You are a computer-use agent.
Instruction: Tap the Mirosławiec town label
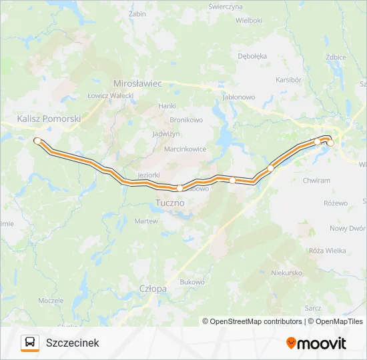tap(138, 84)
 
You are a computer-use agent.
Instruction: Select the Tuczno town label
tap(171, 202)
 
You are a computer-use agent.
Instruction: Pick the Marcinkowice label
tap(185, 149)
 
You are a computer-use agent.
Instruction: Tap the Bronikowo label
tap(186, 120)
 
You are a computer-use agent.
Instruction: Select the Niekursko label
tap(287, 273)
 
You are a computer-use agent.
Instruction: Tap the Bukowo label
tap(192, 282)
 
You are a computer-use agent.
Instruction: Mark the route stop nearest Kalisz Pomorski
tap(37, 141)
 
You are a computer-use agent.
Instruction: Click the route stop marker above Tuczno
tap(179, 188)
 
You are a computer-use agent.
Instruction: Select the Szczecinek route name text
tap(72, 343)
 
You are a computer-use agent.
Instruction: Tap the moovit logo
tap(316, 343)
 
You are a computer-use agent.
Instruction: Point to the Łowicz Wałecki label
tap(111, 96)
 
